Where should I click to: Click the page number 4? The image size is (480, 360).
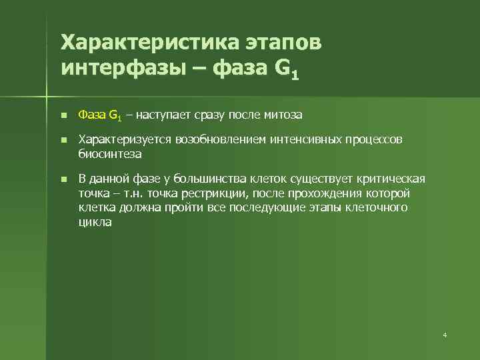[445, 334]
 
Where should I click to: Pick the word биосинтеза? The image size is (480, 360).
[110, 153]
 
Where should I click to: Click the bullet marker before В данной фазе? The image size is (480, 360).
[63, 180]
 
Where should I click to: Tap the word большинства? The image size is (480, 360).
[205, 179]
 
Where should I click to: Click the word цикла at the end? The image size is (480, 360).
[95, 223]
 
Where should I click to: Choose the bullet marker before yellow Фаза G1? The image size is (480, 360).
[63, 116]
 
